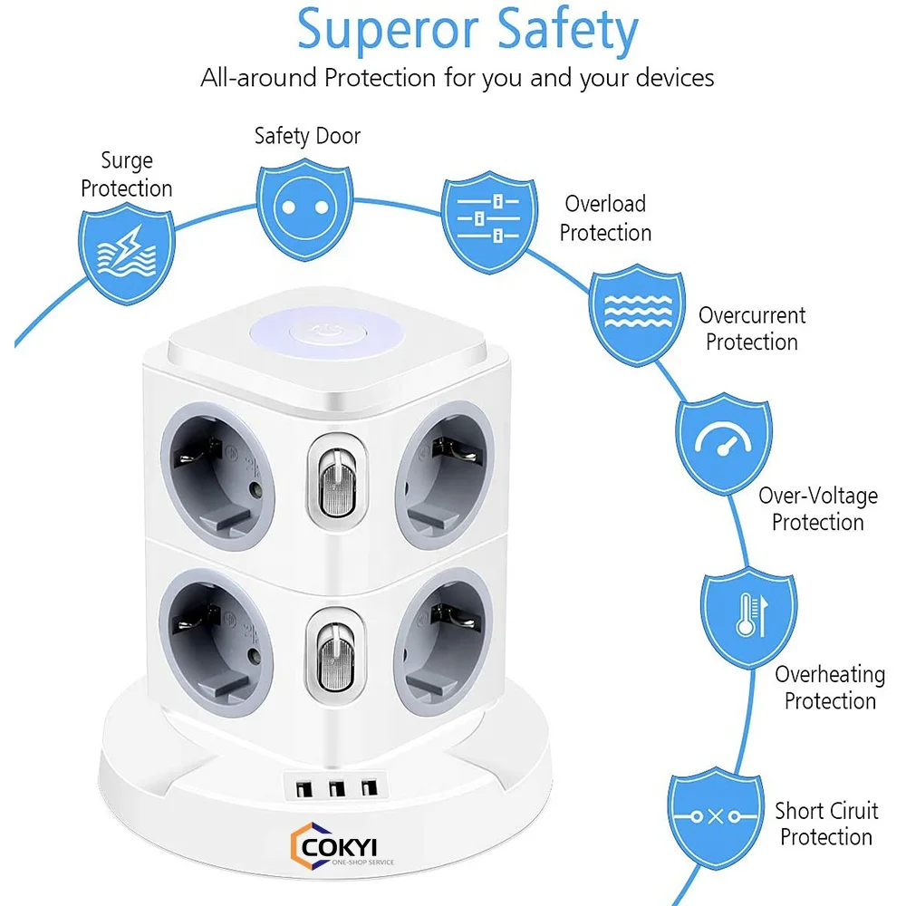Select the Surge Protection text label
126,175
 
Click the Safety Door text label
307,136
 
